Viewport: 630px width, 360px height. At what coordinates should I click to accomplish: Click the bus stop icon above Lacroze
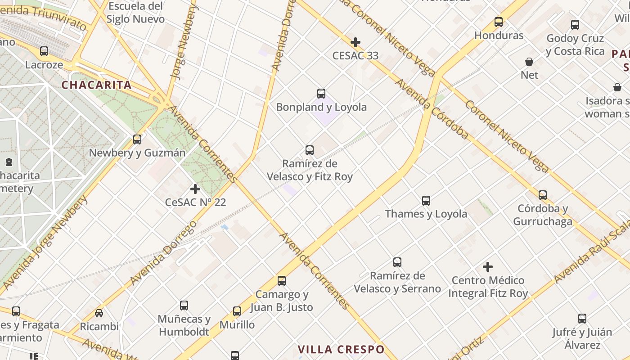(44, 51)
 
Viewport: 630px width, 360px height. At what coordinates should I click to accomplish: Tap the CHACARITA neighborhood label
(96, 85)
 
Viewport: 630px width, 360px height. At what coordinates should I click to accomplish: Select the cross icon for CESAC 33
(355, 42)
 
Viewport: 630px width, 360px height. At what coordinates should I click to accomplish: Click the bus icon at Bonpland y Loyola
(321, 94)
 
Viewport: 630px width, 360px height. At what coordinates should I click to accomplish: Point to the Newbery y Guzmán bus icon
(137, 139)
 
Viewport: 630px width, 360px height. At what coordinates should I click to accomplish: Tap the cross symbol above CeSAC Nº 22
(195, 189)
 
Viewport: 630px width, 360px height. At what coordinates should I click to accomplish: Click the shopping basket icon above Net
(529, 62)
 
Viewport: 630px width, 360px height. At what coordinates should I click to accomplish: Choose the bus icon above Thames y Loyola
(426, 201)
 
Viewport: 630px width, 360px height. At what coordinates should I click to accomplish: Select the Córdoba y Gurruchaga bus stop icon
(543, 195)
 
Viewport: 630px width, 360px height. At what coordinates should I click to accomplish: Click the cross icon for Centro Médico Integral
(488, 267)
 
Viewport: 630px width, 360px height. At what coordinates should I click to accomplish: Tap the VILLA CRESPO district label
(342, 349)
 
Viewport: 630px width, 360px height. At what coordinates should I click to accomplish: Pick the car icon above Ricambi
(99, 313)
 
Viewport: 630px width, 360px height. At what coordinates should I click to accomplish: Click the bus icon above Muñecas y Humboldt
(184, 306)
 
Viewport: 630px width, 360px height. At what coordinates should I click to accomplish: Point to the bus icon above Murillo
(237, 311)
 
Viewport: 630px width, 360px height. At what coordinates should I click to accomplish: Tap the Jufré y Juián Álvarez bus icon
(582, 319)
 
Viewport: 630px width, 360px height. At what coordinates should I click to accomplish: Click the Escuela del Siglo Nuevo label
(135, 13)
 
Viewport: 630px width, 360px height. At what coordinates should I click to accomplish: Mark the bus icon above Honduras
(499, 22)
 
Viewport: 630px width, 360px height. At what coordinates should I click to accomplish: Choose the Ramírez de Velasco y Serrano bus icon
(397, 262)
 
